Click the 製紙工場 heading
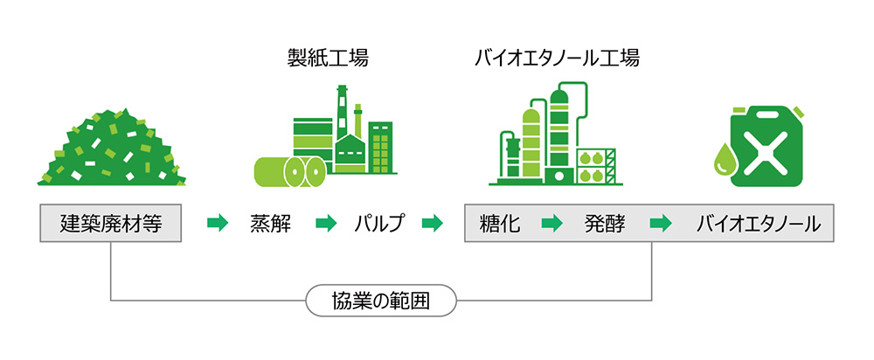click(328, 59)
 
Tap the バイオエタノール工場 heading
click(557, 59)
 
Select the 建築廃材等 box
click(111, 224)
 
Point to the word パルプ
click(379, 224)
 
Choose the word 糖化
click(501, 224)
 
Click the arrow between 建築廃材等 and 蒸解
click(216, 224)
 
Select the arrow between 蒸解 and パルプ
click(325, 224)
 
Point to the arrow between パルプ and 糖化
click(432, 224)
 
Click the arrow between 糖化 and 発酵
click(551, 224)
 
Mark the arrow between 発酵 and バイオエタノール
click(660, 224)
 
